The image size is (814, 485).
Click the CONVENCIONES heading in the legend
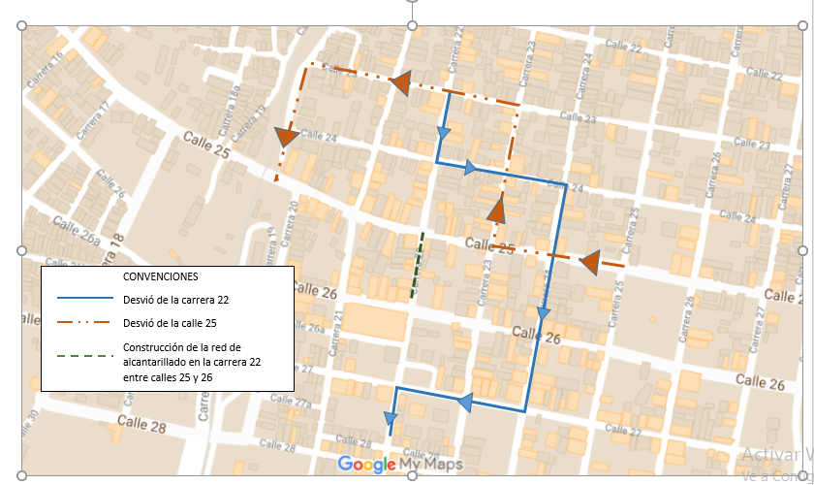[161, 276]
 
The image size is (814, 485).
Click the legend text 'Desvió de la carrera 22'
[175, 301]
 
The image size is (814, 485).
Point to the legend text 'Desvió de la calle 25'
[171, 325]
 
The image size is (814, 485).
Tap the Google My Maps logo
[400, 465]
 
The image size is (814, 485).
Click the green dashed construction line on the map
[418, 264]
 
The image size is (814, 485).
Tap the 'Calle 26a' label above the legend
[77, 231]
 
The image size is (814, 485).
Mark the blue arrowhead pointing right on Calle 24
[471, 168]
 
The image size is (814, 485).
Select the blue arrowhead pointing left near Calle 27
[465, 402]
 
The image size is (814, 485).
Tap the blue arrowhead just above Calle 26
[543, 313]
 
